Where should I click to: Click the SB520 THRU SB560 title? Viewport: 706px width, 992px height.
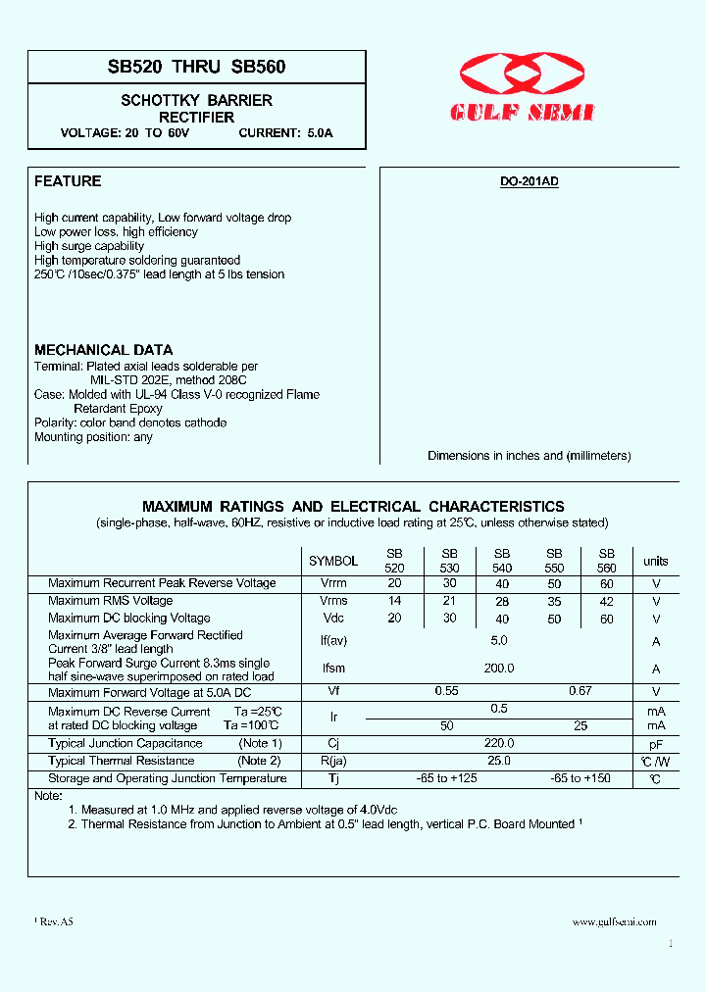(196, 68)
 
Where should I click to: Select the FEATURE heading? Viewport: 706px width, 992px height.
(68, 181)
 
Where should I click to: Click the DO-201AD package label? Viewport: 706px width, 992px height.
(529, 182)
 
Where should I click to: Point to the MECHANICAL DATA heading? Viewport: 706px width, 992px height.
(103, 350)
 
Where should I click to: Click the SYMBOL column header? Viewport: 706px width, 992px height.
(333, 562)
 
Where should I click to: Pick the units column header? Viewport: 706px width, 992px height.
(656, 562)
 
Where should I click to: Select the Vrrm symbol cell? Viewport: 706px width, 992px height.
(333, 583)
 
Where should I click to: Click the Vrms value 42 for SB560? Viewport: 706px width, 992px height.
(607, 601)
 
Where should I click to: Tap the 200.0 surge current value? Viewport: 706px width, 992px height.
(499, 669)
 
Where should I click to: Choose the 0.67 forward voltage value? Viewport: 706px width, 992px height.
(581, 692)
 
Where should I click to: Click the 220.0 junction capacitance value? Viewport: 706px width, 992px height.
(499, 743)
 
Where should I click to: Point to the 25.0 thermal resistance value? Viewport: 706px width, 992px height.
(499, 761)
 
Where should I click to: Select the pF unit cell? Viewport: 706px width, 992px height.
(656, 744)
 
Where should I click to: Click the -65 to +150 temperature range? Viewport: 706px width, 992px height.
(581, 778)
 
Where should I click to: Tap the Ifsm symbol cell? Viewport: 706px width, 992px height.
(333, 669)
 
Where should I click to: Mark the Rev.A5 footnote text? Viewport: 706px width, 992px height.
(56, 922)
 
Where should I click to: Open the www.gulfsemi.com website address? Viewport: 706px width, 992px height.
(614, 921)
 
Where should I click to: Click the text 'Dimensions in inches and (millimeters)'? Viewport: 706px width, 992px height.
(529, 456)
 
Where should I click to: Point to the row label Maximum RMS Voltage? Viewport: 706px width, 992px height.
(110, 601)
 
